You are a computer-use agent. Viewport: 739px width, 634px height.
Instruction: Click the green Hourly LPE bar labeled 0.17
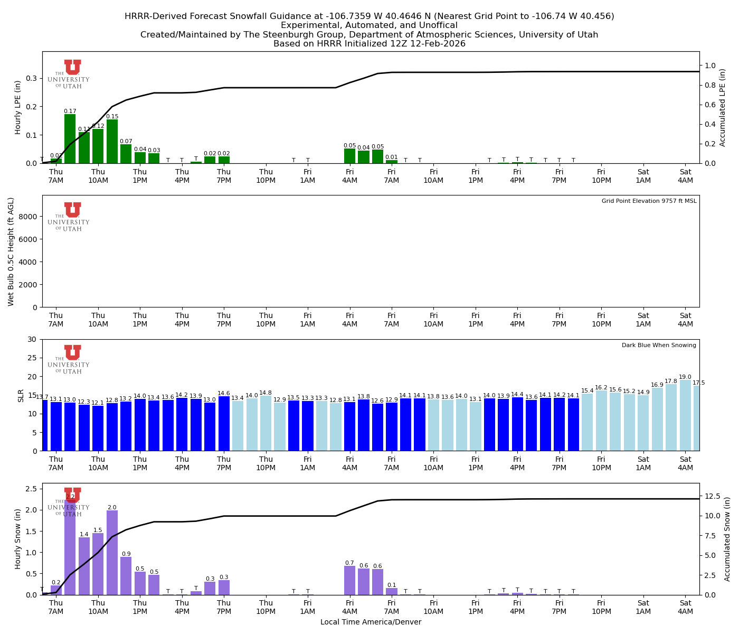(x=70, y=138)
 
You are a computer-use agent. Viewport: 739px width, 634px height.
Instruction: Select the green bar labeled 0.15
(x=112, y=142)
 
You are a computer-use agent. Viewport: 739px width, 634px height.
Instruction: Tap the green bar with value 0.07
(x=126, y=154)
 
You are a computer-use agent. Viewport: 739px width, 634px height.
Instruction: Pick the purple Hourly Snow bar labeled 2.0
(x=112, y=553)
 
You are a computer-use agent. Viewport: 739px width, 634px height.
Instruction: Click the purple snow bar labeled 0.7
(x=349, y=580)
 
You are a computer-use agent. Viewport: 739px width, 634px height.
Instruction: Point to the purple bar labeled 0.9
(x=126, y=576)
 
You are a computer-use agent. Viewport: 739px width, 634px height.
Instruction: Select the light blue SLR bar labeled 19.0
(x=685, y=415)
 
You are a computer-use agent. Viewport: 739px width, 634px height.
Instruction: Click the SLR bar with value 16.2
(x=601, y=421)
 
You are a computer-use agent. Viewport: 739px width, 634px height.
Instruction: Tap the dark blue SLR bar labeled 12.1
(x=98, y=428)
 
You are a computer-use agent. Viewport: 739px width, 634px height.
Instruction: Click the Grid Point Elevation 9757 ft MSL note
(x=649, y=201)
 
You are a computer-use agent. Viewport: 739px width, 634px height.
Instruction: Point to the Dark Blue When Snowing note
(x=659, y=346)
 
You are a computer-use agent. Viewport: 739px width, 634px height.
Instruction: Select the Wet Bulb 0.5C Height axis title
(x=11, y=251)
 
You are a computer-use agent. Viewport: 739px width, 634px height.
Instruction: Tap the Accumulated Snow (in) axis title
(x=727, y=539)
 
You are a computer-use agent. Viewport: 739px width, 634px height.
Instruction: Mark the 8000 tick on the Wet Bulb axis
(x=30, y=217)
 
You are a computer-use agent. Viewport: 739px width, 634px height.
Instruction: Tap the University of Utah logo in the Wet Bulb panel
(x=72, y=217)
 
